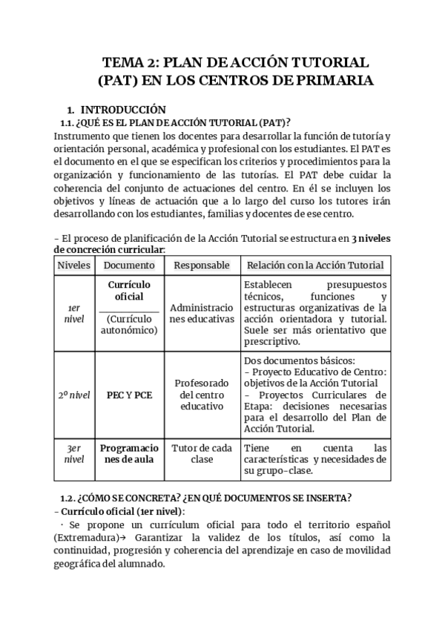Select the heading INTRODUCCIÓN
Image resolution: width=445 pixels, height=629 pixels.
[122, 108]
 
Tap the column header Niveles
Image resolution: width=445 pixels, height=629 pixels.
[73, 265]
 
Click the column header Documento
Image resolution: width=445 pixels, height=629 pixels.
[129, 265]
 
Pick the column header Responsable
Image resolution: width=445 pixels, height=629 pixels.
[202, 265]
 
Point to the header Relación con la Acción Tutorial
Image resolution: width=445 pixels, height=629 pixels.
[315, 265]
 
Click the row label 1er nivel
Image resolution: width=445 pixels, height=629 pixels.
[73, 312]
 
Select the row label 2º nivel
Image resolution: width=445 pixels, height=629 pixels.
[73, 395]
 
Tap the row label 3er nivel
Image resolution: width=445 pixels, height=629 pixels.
[73, 453]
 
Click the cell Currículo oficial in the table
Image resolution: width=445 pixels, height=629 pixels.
[129, 291]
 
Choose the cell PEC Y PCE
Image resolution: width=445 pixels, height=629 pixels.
[129, 395]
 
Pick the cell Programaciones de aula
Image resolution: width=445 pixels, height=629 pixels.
[129, 453]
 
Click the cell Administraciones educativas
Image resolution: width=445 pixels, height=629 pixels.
[202, 312]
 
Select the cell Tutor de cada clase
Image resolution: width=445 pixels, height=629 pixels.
[202, 453]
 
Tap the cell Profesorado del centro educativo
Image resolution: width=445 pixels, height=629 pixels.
[202, 395]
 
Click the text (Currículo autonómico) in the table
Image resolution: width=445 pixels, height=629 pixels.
[129, 324]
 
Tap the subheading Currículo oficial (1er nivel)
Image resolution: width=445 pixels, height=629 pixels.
[122, 511]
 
